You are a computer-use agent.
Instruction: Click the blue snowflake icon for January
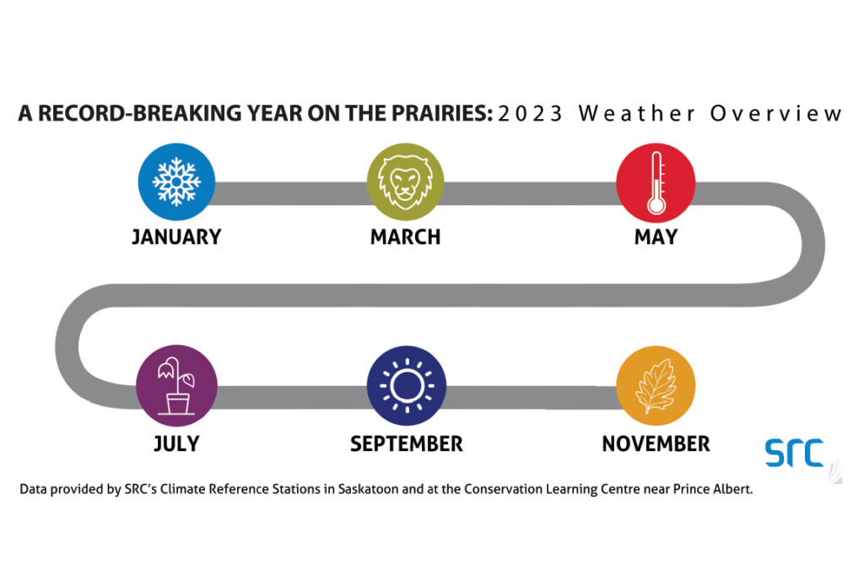tap(176, 182)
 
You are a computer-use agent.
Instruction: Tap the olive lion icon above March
tap(406, 182)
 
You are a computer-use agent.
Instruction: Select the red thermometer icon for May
tap(656, 182)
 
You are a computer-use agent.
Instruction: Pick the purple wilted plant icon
tap(176, 385)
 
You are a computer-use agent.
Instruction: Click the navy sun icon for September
tap(407, 385)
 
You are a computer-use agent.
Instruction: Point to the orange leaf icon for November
tap(656, 385)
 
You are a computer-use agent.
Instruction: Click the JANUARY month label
tap(176, 237)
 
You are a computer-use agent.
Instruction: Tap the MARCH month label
tap(406, 237)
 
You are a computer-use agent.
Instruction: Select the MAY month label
tap(656, 237)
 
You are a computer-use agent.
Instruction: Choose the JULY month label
tap(176, 444)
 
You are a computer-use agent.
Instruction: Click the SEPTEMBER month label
tap(407, 444)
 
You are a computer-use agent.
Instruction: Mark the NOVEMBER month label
tap(656, 444)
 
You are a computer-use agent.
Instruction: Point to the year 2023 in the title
tap(530, 114)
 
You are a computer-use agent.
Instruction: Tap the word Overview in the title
tap(776, 114)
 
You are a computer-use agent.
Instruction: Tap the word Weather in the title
tap(637, 114)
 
